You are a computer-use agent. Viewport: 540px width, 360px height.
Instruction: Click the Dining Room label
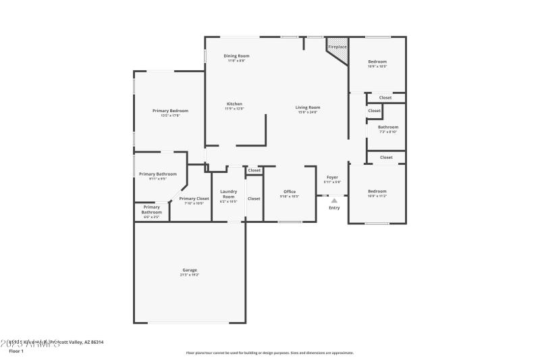click(x=236, y=55)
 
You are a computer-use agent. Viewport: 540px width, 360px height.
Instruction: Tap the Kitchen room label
click(x=234, y=104)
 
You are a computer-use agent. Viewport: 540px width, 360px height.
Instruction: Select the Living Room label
click(x=308, y=107)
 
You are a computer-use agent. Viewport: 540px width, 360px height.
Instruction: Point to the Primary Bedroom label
click(x=170, y=111)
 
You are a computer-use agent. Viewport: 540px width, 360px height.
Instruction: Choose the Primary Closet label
click(x=194, y=199)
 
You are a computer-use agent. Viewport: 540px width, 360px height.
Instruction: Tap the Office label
click(x=290, y=192)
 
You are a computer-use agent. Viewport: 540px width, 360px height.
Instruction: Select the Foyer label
click(x=333, y=177)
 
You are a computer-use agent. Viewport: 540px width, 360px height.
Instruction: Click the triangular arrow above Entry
click(x=334, y=201)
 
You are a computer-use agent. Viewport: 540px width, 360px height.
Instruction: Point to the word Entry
click(x=334, y=208)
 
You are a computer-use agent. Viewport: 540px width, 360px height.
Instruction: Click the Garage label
click(x=190, y=270)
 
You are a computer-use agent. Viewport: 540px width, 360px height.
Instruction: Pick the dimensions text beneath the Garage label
click(x=190, y=276)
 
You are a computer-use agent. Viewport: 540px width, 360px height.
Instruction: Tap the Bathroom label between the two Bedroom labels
click(x=387, y=127)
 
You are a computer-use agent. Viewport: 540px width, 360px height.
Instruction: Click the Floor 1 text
click(x=16, y=351)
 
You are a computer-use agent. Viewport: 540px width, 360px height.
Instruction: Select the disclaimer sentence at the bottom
click(x=269, y=353)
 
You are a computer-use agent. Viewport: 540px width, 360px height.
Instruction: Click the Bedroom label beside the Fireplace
click(x=377, y=61)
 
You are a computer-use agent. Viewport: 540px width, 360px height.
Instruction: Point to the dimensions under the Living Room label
click(x=308, y=112)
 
